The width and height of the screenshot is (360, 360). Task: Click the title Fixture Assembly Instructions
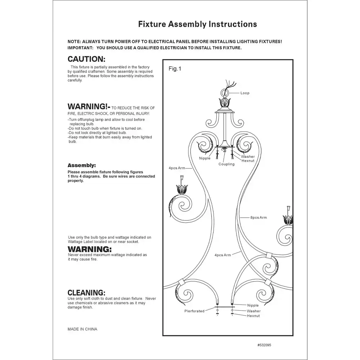pos(198,24)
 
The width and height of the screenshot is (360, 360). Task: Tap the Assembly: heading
pos(82,165)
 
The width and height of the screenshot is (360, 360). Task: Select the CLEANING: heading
pos(86,292)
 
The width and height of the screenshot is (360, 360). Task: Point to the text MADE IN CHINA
pos(82,329)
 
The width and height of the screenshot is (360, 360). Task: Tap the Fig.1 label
pos(174,69)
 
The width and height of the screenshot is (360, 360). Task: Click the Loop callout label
pos(245,93)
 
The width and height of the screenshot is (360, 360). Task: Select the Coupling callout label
pos(226,164)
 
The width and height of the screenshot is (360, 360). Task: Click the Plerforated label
pos(194,311)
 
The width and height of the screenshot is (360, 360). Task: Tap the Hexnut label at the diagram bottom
pos(253,316)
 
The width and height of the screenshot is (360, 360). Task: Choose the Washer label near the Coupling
pos(248,157)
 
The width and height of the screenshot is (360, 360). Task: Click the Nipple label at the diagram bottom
pos(253,305)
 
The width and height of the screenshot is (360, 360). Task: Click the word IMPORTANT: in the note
pos(81,48)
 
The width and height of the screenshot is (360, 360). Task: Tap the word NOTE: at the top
pos(75,42)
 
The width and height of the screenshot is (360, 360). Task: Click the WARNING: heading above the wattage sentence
pos(90,249)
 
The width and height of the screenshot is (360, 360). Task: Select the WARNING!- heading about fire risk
pos(89,107)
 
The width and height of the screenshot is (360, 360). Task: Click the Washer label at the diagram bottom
pos(253,311)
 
